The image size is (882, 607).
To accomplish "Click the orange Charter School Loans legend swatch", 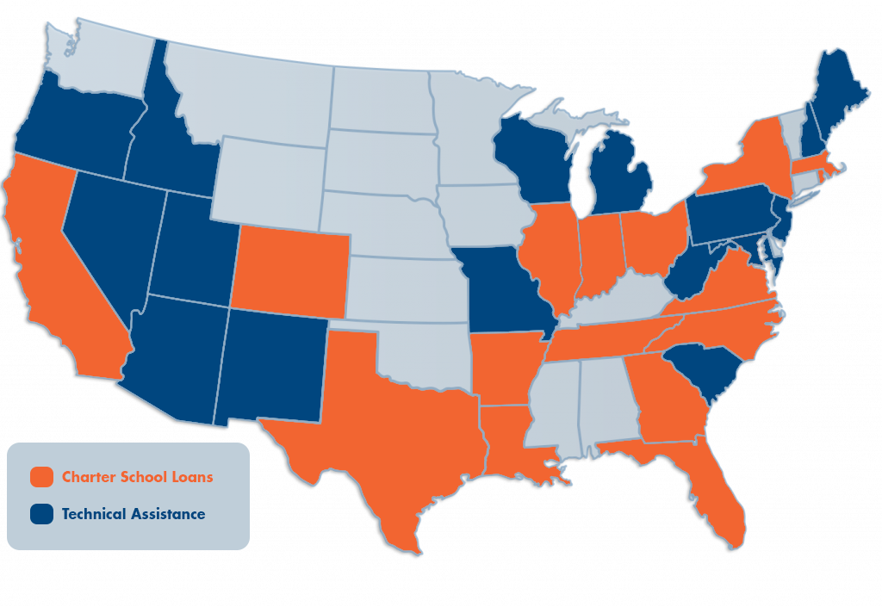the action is [41, 477].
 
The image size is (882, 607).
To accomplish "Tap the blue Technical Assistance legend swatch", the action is [41, 514].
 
